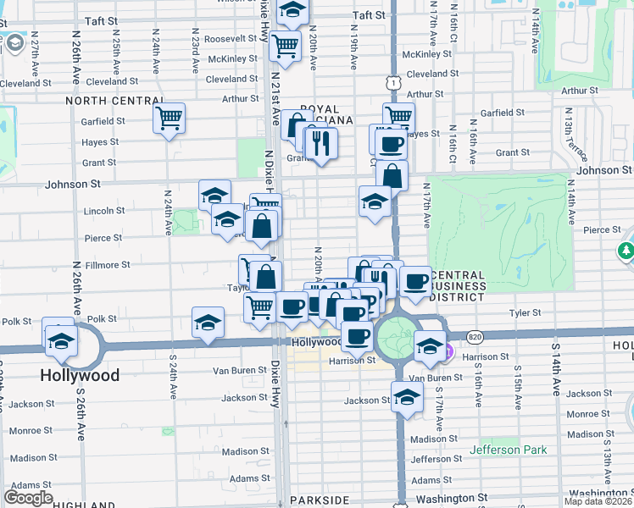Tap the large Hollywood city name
pos(79,374)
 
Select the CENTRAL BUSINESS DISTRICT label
pos(459,286)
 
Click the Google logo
pos(29,498)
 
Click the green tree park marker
pos(626,251)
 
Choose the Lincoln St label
pos(104,210)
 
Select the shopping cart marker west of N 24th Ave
pos(169,117)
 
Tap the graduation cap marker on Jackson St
pos(407,395)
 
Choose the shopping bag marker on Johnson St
pos(392,174)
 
